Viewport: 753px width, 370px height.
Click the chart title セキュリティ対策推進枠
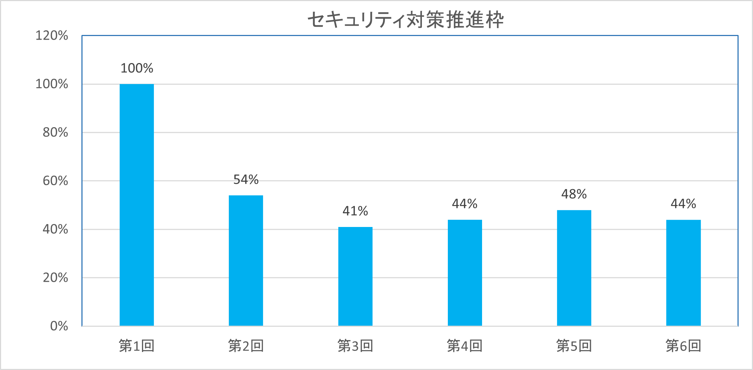click(405, 20)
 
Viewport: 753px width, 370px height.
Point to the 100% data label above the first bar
click(137, 68)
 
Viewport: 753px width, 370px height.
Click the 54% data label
click(246, 179)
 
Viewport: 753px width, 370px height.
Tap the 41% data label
click(355, 211)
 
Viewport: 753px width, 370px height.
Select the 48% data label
click(574, 194)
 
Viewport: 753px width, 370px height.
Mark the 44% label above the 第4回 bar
click(465, 204)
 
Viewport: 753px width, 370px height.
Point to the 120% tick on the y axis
click(52, 35)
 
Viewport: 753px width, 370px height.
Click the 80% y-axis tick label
click(55, 132)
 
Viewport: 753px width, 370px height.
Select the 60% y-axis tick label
click(55, 180)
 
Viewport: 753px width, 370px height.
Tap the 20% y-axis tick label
click(55, 277)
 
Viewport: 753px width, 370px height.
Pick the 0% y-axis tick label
click(59, 326)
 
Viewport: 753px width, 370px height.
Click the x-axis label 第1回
click(137, 346)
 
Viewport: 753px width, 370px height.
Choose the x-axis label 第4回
click(465, 346)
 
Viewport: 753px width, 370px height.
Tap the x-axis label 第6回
click(683, 346)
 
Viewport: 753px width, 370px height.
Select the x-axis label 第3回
click(355, 346)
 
